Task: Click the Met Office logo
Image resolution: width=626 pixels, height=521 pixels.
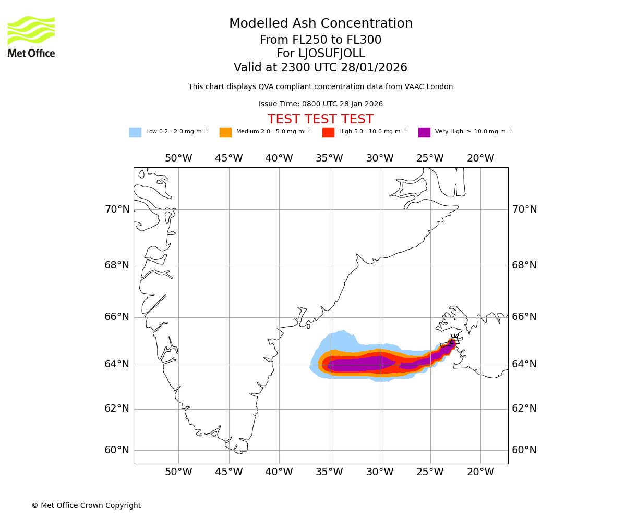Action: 31,36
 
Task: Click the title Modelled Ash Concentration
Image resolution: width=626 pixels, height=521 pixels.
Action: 320,24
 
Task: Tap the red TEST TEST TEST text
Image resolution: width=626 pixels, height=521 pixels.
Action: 320,120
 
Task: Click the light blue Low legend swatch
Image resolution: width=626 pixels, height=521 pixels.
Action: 135,132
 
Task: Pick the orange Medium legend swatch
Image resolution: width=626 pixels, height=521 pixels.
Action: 225,132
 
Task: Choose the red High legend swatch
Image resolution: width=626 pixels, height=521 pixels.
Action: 328,132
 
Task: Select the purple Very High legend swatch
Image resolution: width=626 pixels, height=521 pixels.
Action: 424,132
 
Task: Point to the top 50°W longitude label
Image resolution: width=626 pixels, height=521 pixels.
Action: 178,158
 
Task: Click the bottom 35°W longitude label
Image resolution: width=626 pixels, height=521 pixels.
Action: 329,472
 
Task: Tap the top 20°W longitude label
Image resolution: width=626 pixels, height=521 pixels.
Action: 480,158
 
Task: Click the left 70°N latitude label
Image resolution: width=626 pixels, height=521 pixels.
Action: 117,209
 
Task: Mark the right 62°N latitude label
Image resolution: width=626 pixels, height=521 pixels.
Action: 524,408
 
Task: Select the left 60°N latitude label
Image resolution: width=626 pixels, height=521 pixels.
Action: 117,450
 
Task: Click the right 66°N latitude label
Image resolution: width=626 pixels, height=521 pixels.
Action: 524,317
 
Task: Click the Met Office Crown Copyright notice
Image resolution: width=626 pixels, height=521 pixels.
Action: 86,506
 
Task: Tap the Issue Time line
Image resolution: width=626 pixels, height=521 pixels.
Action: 320,104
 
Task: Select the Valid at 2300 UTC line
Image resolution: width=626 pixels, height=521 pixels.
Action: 320,68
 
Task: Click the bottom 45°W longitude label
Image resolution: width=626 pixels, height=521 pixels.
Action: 229,472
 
